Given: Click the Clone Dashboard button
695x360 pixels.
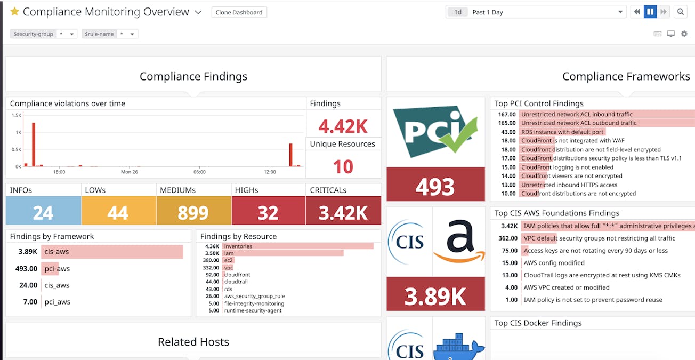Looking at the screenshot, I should pyautogui.click(x=239, y=12).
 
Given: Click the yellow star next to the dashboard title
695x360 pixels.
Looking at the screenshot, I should pyautogui.click(x=14, y=12).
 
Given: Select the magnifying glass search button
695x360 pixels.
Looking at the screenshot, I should pyautogui.click(x=680, y=12).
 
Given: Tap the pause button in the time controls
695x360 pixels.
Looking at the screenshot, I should pyautogui.click(x=650, y=12).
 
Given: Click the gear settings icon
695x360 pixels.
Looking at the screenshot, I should pyautogui.click(x=684, y=34).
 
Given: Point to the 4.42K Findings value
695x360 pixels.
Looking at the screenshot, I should pyautogui.click(x=343, y=126).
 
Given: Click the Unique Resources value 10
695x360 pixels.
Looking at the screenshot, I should pyautogui.click(x=343, y=167).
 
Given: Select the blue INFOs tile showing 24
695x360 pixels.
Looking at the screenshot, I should pyautogui.click(x=43, y=212).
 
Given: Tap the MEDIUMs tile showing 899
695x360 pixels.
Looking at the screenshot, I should pyautogui.click(x=193, y=212).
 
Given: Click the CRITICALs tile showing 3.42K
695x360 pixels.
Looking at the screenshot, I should pyautogui.click(x=343, y=212).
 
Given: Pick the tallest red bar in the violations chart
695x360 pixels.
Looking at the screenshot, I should pyautogui.click(x=34, y=144).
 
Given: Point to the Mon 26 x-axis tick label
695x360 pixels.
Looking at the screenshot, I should pyautogui.click(x=130, y=172).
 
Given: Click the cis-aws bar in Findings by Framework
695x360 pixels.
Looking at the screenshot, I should pyautogui.click(x=112, y=252).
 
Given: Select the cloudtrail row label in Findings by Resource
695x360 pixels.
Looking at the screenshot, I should pyautogui.click(x=236, y=282).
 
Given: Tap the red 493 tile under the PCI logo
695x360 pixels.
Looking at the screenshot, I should pyautogui.click(x=435, y=186).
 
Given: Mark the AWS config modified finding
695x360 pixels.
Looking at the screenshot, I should pyautogui.click(x=554, y=263).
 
